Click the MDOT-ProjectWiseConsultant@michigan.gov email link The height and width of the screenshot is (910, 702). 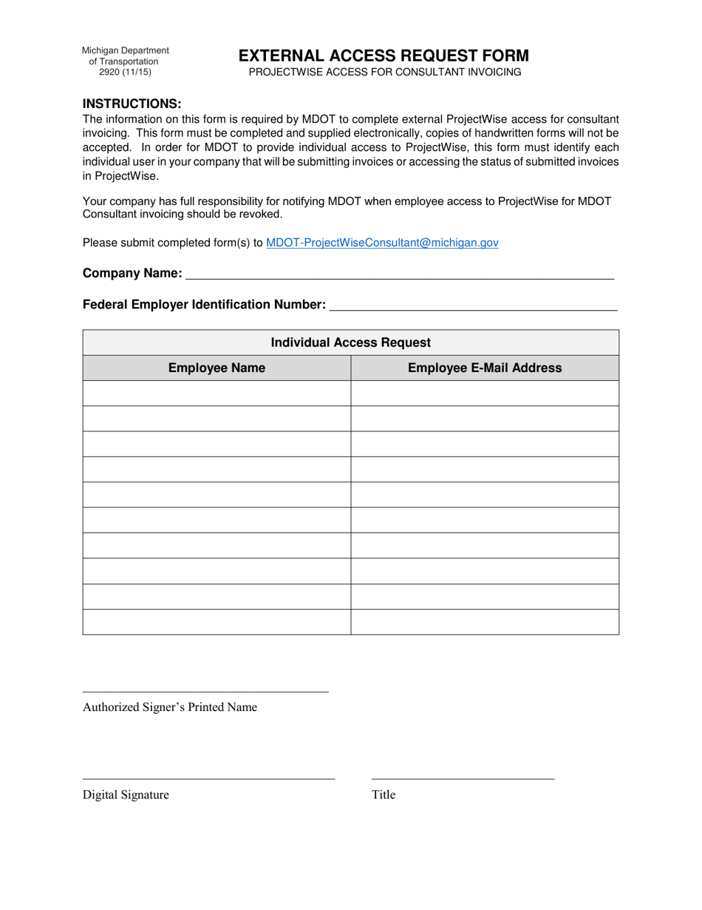381,242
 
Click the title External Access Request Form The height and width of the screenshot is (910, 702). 383,55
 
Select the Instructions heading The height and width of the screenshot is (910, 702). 132,103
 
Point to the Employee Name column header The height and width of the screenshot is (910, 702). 217,368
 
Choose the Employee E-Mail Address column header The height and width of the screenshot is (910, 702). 485,368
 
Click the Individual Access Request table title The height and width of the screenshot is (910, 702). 351,343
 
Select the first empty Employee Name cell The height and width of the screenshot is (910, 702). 217,394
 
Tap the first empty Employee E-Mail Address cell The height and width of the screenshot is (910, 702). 485,394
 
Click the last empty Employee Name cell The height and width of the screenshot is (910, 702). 217,622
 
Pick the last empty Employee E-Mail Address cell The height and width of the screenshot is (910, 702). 485,622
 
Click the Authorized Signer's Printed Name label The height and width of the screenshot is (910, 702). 170,707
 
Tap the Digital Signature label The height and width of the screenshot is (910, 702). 126,795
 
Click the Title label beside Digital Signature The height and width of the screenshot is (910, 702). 384,795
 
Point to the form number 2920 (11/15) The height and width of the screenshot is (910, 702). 125,73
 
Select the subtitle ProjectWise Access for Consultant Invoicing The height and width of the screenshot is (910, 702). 384,73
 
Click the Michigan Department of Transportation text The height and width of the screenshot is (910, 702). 125,55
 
